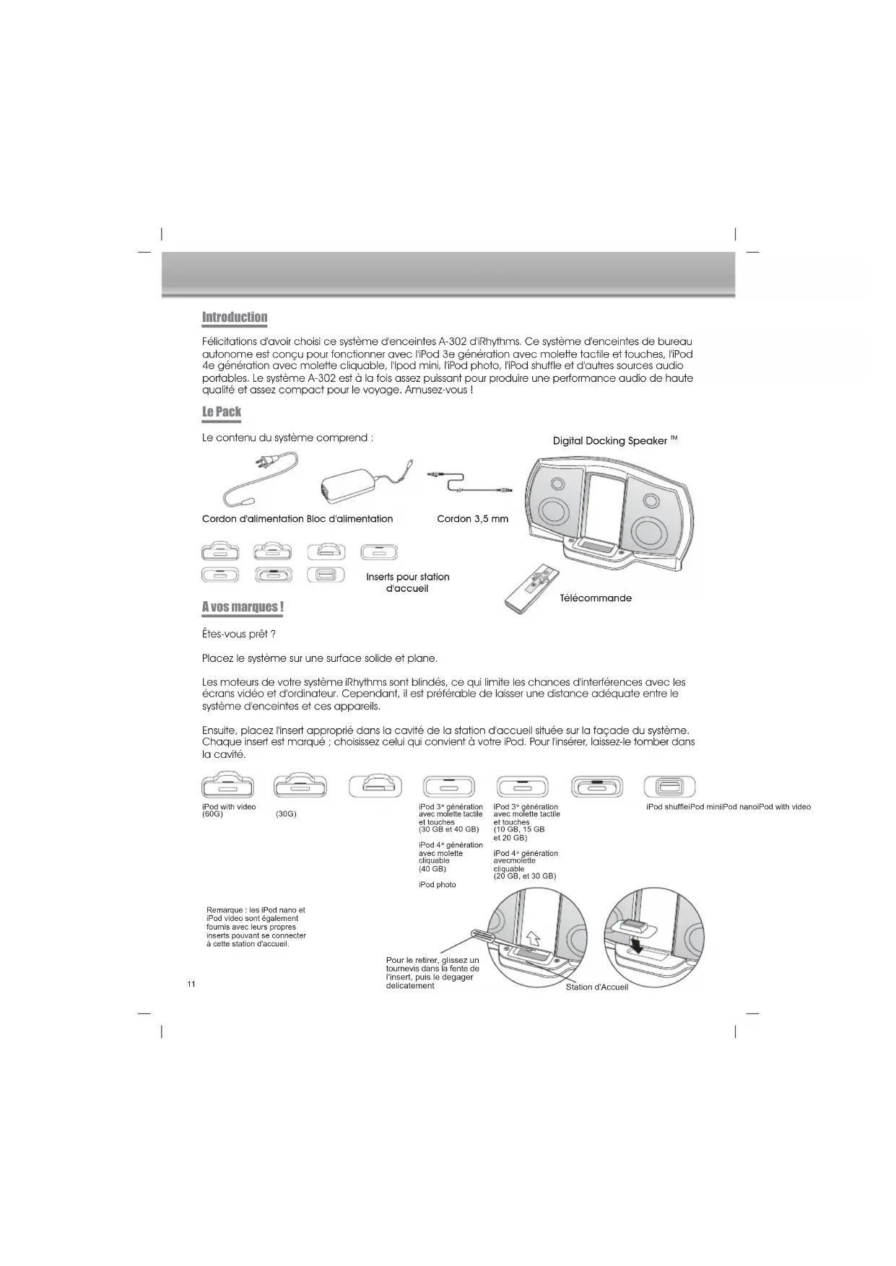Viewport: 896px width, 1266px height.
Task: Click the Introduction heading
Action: point(234,317)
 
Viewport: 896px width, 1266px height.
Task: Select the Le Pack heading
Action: point(221,411)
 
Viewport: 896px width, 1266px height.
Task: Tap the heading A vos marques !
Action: point(242,606)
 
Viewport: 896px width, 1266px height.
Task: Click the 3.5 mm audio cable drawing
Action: point(470,481)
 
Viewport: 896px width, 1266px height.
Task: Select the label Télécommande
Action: point(596,598)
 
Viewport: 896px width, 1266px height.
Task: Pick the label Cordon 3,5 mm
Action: point(472,519)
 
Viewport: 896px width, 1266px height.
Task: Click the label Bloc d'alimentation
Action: point(349,519)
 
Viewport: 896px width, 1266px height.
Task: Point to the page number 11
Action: point(191,985)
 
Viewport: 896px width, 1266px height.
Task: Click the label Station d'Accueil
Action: point(596,987)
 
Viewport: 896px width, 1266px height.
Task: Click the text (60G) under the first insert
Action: point(212,815)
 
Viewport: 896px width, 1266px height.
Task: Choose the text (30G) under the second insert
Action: point(286,815)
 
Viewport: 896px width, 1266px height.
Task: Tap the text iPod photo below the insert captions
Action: point(437,885)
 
